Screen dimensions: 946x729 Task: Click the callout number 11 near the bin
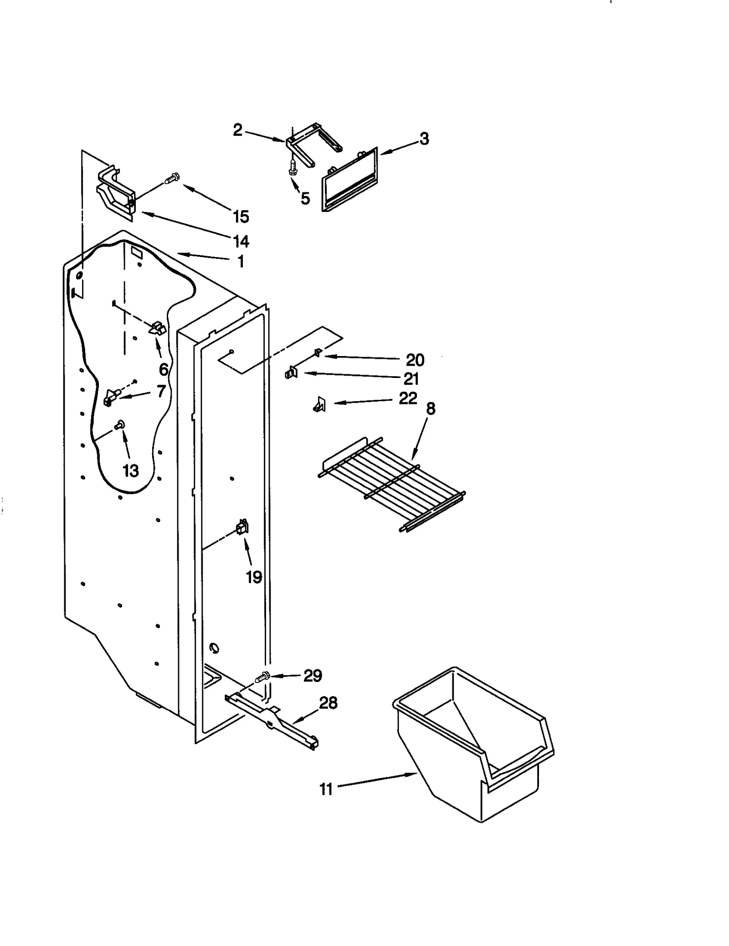click(326, 789)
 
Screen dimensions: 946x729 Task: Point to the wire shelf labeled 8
click(392, 483)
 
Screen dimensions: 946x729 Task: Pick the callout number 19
click(254, 577)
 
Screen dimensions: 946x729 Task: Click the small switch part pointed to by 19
click(242, 527)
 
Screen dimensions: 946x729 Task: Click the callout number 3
click(424, 139)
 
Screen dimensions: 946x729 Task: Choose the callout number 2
click(237, 130)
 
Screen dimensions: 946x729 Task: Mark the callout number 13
click(131, 470)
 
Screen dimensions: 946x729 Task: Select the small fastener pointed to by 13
click(121, 425)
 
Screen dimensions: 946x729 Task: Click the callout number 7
click(160, 391)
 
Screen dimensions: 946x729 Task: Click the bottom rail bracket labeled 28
click(273, 720)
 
